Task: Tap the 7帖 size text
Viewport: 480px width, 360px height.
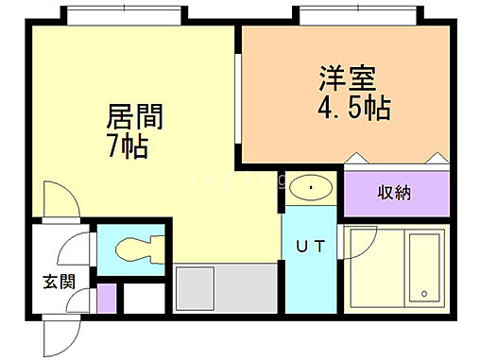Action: tap(127, 146)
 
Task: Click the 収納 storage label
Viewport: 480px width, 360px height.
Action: tap(395, 194)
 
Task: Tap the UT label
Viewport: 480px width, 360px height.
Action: tap(311, 248)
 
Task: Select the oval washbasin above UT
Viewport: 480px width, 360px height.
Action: tap(311, 188)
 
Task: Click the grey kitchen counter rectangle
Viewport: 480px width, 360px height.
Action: tap(200, 289)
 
